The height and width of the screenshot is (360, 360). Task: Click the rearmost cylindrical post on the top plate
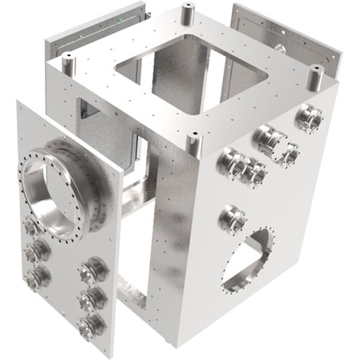187,13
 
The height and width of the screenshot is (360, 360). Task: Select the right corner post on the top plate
314,75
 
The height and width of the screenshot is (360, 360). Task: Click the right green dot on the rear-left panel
121,21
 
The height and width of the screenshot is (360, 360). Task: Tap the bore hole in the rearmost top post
187,7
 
